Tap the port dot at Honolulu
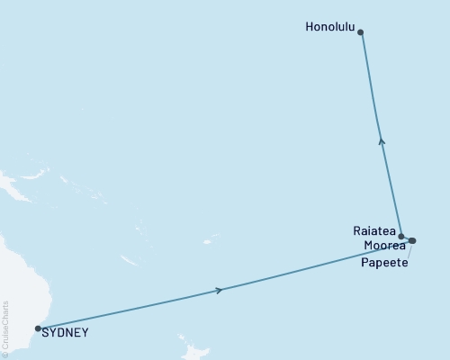click(x=361, y=32)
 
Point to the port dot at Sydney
click(x=38, y=328)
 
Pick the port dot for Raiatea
click(x=400, y=235)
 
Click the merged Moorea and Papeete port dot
click(x=411, y=240)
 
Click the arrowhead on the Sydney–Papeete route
click(x=220, y=290)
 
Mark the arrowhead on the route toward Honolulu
click(x=382, y=140)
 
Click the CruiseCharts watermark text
click(x=6, y=324)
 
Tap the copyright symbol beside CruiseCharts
click(x=6, y=353)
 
